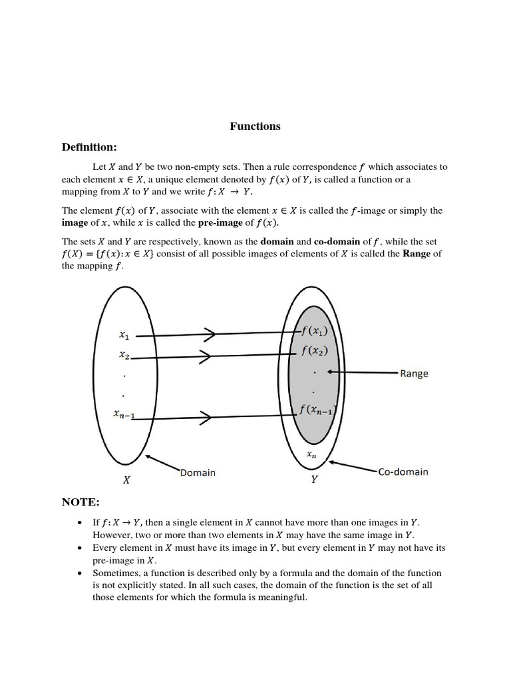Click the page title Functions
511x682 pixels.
tap(255, 127)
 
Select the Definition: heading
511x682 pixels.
tap(89, 147)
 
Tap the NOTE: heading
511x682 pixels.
tap(81, 502)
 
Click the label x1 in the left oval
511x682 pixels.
tap(124, 336)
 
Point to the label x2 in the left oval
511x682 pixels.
tap(124, 356)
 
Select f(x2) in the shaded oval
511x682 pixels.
tap(314, 351)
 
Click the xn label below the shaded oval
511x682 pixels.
tap(312, 454)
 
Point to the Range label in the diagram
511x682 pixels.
tap(414, 374)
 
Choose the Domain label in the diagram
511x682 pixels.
tap(198, 472)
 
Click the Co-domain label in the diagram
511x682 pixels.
tap(403, 472)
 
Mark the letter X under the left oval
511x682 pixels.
tap(126, 480)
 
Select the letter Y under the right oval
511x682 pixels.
tap(314, 480)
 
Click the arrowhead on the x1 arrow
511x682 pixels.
tap(210, 335)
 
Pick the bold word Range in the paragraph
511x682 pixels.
tap(417, 254)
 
